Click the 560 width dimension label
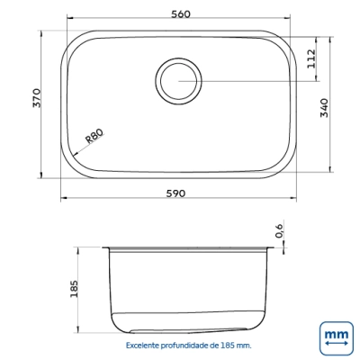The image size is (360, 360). tap(181, 13)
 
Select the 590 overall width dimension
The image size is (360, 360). tap(175, 193)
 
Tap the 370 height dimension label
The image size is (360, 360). tap(36, 98)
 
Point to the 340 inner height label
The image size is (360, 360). tap(324, 108)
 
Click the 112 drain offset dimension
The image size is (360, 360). tap(311, 58)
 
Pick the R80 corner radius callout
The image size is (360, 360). tap(94, 136)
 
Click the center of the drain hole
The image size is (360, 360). tap(178, 81)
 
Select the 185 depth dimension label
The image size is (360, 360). tap(74, 289)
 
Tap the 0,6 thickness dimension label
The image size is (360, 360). tap(279, 230)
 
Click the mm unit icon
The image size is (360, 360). tap(337, 338)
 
